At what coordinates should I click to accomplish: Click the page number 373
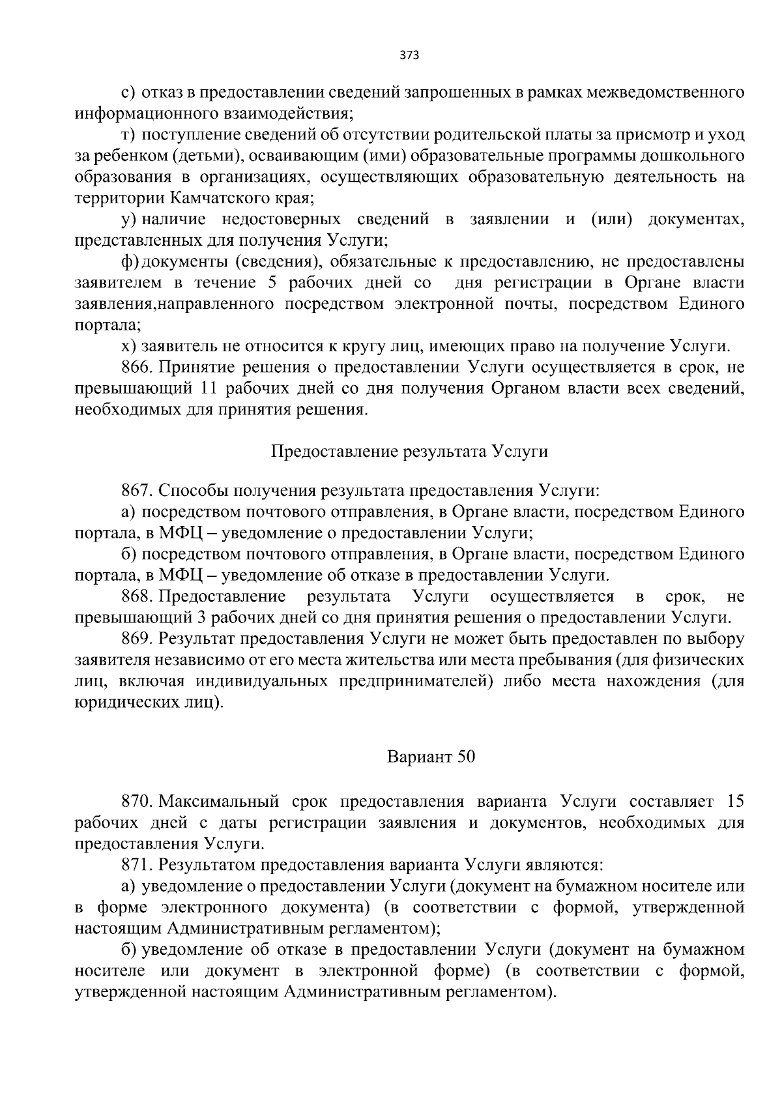tap(409, 55)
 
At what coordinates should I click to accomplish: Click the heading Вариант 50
tap(431, 757)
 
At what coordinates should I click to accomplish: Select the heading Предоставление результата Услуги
tap(409, 452)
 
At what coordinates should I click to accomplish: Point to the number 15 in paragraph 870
tap(735, 801)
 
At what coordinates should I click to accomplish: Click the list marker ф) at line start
tap(130, 261)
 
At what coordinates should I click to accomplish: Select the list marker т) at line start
tap(128, 136)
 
